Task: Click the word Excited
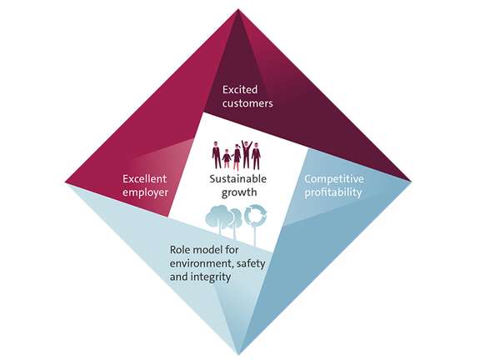pyautogui.click(x=240, y=90)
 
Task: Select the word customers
pyautogui.click(x=247, y=103)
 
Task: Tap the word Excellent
pyautogui.click(x=144, y=179)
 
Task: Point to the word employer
pyautogui.click(x=145, y=192)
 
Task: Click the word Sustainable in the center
pyautogui.click(x=238, y=179)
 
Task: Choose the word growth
pyautogui.click(x=239, y=192)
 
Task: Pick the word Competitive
pyautogui.click(x=333, y=179)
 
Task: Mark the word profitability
pyautogui.click(x=333, y=192)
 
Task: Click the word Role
pyautogui.click(x=180, y=250)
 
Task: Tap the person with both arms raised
pyautogui.click(x=247, y=154)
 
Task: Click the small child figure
pyautogui.click(x=227, y=158)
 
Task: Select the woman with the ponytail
pyautogui.click(x=237, y=157)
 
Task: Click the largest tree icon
pyautogui.click(x=217, y=218)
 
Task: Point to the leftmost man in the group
pyautogui.click(x=217, y=155)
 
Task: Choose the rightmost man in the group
pyautogui.click(x=256, y=156)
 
